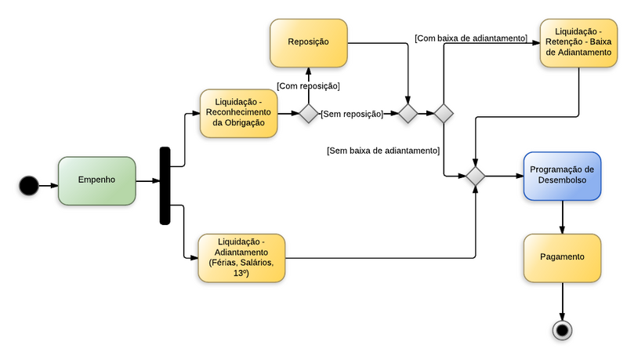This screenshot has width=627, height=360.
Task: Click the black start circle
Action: click(28, 185)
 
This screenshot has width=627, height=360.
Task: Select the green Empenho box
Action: click(96, 180)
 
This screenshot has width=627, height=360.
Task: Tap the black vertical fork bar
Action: click(165, 186)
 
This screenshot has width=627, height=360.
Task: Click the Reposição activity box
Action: click(308, 42)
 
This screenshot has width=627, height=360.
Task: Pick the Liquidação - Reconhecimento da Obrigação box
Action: click(239, 113)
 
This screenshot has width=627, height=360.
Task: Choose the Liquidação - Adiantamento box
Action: click(241, 257)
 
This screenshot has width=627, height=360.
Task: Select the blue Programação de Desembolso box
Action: click(562, 175)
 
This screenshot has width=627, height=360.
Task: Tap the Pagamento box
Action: click(562, 257)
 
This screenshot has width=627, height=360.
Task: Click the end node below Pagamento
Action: click(562, 329)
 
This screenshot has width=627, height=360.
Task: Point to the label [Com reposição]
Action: click(308, 85)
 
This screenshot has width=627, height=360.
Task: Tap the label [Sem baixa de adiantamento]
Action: click(382, 150)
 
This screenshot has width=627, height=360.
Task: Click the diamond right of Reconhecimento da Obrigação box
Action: click(308, 114)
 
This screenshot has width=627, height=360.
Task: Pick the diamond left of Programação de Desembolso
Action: click(475, 176)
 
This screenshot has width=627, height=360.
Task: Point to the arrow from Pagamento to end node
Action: click(562, 301)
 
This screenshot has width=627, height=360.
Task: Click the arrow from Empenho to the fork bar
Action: click(147, 181)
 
